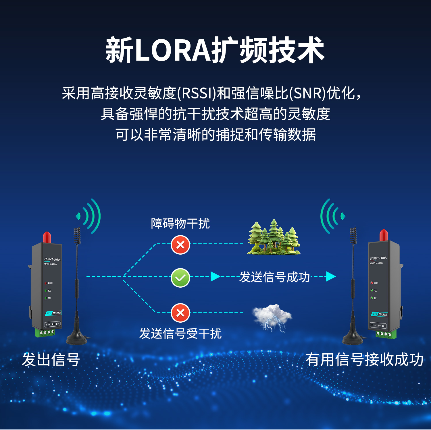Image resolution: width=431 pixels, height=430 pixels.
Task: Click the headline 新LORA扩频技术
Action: coord(215,50)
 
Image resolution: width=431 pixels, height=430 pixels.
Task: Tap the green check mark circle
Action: coord(180,278)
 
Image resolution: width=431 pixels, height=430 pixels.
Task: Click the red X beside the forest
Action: coord(180,245)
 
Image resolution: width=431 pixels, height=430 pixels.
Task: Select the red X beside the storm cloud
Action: coord(180,313)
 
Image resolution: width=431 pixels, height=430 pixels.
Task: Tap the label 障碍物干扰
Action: coord(180,224)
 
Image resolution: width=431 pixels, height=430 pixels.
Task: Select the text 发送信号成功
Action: coord(274,277)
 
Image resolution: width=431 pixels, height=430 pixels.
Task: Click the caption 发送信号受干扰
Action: coord(180,334)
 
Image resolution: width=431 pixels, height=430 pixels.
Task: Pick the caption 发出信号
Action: coord(51,359)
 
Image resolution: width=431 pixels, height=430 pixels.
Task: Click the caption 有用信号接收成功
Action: coord(364,359)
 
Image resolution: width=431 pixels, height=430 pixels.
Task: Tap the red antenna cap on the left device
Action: coord(47,237)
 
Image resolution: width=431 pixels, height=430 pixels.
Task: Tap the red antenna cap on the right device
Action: coord(384,235)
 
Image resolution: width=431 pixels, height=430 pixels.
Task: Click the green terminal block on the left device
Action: coord(45,332)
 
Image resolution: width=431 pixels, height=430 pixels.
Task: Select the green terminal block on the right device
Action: coord(386,334)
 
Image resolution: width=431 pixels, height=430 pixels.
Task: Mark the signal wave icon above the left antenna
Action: coord(88,216)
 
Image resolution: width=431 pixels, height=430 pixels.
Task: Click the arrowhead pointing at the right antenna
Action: coord(331,277)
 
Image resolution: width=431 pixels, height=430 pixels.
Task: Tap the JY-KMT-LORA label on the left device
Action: coord(52,259)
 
